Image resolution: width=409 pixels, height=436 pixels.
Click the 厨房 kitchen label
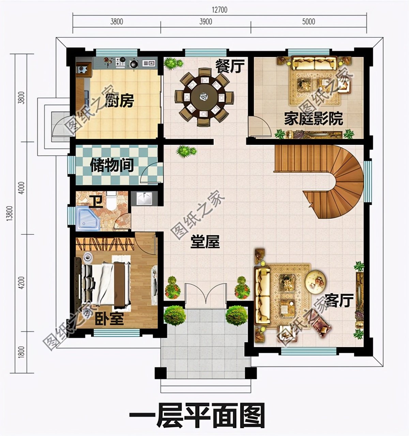[119, 101]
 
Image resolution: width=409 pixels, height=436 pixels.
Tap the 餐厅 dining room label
[230, 66]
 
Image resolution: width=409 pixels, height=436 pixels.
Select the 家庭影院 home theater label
[313, 119]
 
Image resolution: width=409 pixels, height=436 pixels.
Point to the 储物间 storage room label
[111, 165]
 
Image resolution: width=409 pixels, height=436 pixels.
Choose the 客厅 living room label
[339, 301]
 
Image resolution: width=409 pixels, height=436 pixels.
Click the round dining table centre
[204, 97]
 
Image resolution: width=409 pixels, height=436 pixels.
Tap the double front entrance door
[206, 293]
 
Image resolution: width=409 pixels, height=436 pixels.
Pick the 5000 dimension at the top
[308, 22]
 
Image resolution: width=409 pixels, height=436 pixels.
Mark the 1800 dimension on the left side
[21, 352]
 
